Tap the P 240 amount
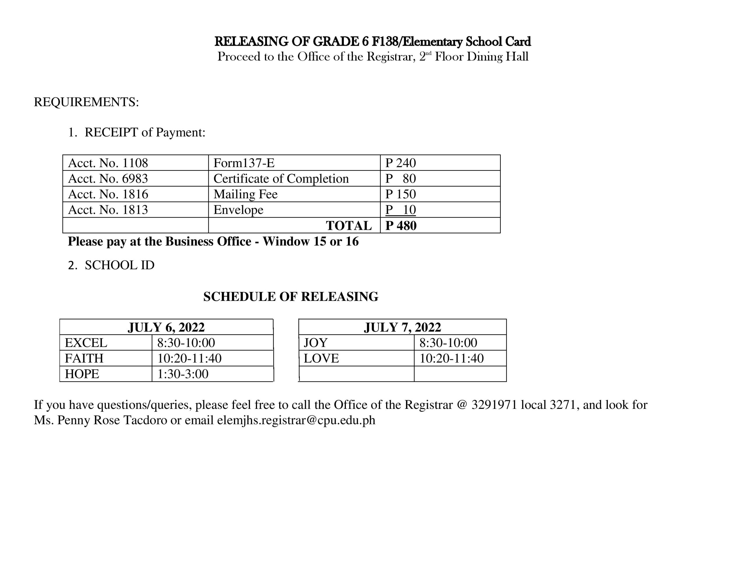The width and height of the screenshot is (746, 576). click(x=400, y=163)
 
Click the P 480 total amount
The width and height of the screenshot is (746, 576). click(x=401, y=226)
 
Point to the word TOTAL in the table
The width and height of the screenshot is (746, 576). click(x=349, y=226)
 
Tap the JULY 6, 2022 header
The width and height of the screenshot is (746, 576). click(x=166, y=327)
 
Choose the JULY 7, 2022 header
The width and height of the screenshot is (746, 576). click(x=402, y=327)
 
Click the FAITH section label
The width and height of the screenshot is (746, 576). click(x=84, y=358)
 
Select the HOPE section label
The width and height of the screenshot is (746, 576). click(x=82, y=374)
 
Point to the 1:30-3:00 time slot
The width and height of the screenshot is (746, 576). click(x=183, y=374)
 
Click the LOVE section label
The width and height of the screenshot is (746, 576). click(x=321, y=358)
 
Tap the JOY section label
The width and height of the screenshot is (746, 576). click(x=315, y=342)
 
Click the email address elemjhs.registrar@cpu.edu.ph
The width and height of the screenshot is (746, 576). click(x=296, y=420)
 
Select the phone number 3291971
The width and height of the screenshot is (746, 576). click(x=494, y=404)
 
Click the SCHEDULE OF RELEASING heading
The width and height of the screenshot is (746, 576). click(x=291, y=296)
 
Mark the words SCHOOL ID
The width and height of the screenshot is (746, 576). click(x=119, y=265)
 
